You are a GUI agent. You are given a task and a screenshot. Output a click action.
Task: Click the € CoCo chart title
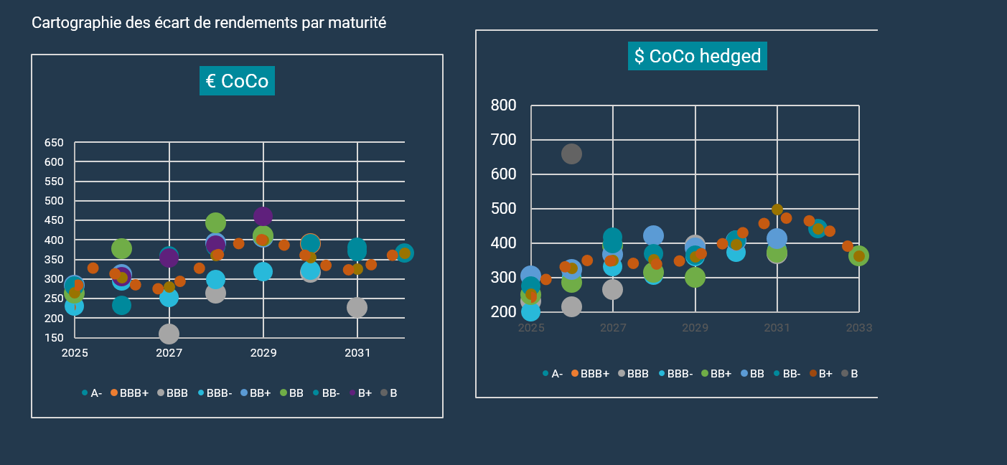click(237, 81)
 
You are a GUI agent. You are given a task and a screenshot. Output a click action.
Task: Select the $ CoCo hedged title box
click(697, 56)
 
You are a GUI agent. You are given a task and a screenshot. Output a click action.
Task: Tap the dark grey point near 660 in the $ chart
click(571, 154)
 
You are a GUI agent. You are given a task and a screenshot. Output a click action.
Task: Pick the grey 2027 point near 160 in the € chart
click(169, 334)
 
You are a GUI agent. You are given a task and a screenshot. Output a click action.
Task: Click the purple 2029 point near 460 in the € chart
click(263, 215)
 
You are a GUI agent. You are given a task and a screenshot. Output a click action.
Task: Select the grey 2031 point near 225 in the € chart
click(357, 307)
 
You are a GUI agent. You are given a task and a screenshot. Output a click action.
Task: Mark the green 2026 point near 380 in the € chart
click(121, 249)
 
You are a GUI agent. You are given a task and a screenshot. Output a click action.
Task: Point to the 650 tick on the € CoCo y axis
click(54, 143)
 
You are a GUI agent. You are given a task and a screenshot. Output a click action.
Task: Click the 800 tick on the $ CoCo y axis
click(503, 105)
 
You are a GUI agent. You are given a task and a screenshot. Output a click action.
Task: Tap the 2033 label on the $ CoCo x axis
click(858, 328)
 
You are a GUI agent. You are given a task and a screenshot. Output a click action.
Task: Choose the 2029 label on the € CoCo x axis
click(263, 353)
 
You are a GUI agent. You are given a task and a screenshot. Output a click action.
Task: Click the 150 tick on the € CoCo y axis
click(54, 338)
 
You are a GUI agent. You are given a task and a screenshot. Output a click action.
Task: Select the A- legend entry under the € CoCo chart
click(92, 393)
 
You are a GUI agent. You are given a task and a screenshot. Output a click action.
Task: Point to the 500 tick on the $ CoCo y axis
click(503, 209)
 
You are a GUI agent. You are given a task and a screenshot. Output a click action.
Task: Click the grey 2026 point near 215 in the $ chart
click(571, 306)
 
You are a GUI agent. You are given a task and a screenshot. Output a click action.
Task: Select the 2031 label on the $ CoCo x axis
click(777, 328)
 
